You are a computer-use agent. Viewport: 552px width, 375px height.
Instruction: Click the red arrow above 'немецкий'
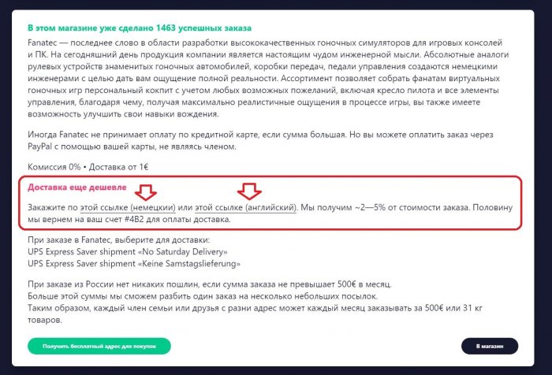pos(145,192)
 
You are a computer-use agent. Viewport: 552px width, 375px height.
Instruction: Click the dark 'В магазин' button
pos(489,346)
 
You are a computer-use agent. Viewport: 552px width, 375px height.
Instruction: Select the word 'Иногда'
pos(43,136)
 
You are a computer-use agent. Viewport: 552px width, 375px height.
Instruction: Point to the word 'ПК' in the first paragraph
pos(41,54)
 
